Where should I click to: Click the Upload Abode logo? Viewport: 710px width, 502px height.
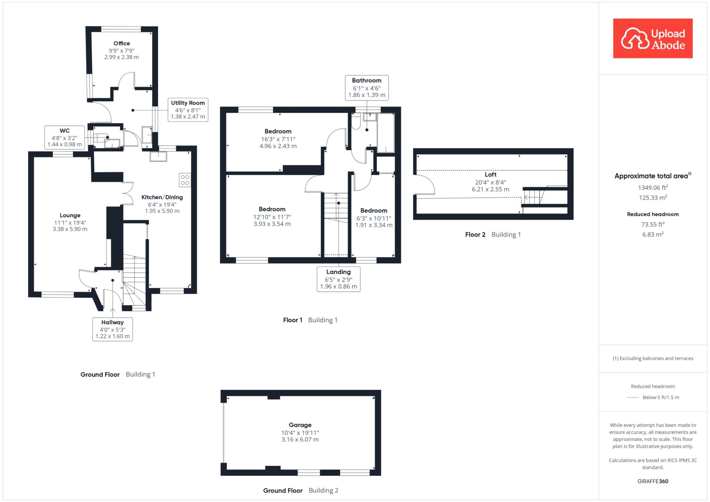(x=653, y=38)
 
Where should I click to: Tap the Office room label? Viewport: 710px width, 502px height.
(x=122, y=43)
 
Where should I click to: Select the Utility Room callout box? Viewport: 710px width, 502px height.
(x=188, y=109)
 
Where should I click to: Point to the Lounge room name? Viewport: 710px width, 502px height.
(x=70, y=215)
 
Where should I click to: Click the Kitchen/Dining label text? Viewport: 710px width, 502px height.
(x=162, y=197)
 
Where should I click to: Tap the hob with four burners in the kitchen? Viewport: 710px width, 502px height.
(x=185, y=180)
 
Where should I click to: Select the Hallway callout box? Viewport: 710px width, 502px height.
(x=113, y=329)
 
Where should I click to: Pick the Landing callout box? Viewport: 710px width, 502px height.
(x=338, y=279)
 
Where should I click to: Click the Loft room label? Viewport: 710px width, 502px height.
(x=491, y=175)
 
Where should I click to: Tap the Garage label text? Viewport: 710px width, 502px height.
(x=300, y=425)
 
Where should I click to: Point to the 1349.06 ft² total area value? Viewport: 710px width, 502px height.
(x=653, y=187)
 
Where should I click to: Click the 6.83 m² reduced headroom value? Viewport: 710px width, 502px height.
(x=653, y=234)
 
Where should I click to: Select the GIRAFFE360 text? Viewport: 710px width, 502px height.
(x=653, y=481)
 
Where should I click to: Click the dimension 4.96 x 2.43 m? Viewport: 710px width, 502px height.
(x=278, y=146)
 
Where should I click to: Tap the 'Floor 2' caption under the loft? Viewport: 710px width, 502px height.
(x=475, y=235)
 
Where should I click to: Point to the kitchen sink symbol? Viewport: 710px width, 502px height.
(x=158, y=157)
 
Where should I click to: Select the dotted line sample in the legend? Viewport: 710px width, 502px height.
(x=633, y=397)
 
